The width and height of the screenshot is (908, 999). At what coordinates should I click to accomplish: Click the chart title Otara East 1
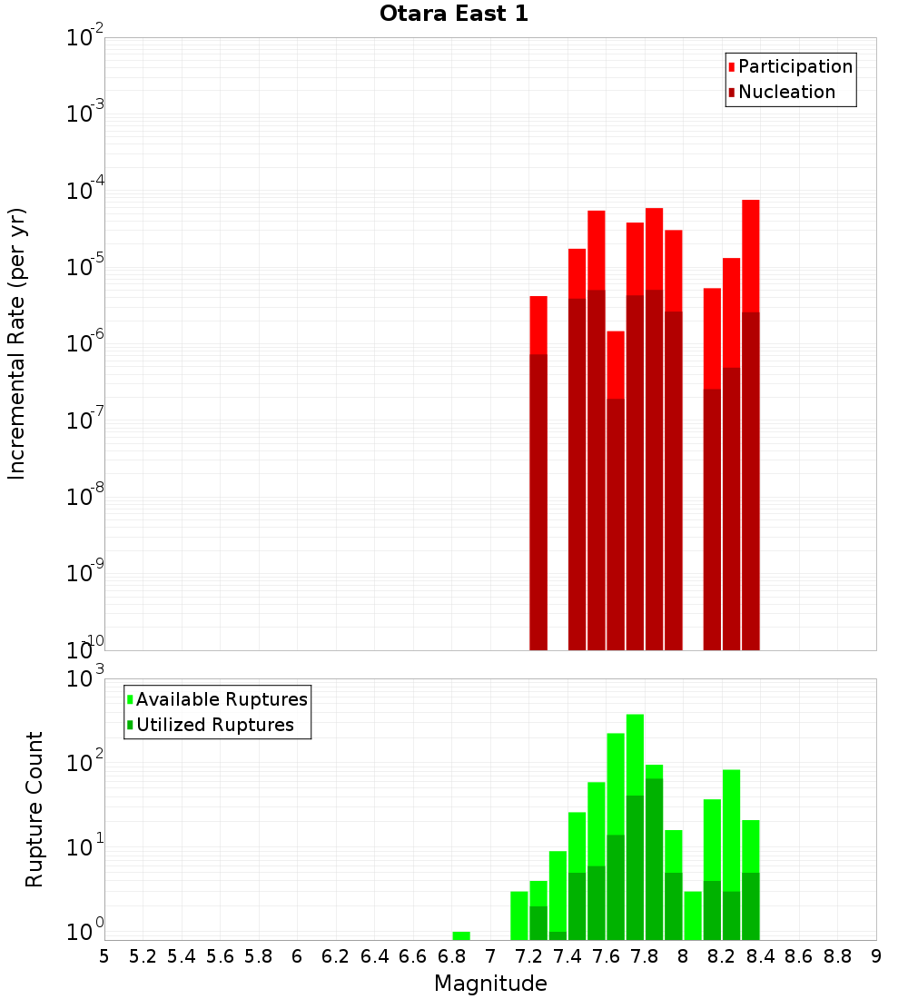[453, 14]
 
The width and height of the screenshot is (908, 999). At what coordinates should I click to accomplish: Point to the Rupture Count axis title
[35, 809]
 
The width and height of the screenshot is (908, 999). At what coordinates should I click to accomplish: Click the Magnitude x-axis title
[490, 984]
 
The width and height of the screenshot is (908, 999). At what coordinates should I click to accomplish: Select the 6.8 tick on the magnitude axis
[451, 955]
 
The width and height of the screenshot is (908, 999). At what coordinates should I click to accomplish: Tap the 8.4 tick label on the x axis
[760, 955]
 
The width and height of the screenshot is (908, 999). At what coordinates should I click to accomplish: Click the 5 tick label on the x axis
[104, 955]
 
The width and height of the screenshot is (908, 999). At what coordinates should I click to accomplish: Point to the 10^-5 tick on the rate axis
[85, 267]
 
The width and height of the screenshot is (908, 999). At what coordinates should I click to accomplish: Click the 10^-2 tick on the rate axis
[85, 38]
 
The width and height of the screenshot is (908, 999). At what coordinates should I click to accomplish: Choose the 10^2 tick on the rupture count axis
[85, 762]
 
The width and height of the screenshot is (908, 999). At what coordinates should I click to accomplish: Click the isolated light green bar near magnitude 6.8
[461, 935]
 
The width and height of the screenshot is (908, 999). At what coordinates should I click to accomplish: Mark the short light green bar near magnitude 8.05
[693, 915]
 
